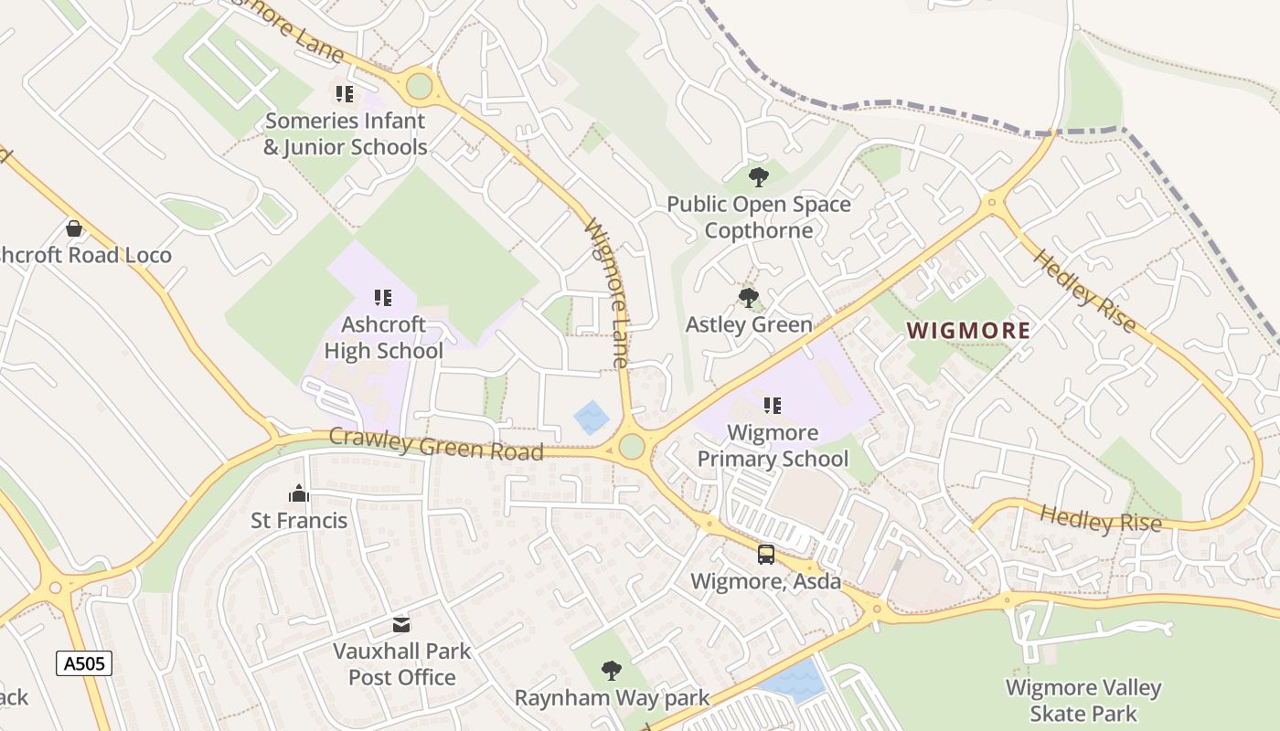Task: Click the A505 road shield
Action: tap(84, 663)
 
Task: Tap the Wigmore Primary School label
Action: tap(773, 445)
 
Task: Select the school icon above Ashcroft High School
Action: tap(383, 297)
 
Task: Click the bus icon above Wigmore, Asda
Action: tap(766, 554)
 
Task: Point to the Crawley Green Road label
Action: tap(436, 444)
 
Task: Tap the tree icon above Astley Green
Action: tap(748, 297)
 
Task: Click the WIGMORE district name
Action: tap(968, 331)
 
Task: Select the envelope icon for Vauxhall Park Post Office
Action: tap(401, 625)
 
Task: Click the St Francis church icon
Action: tap(299, 494)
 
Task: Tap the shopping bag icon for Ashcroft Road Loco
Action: tap(74, 228)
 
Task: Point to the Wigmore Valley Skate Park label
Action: tap(1083, 700)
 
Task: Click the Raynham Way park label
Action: tap(612, 698)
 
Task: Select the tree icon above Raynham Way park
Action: tap(612, 672)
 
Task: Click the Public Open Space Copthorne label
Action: tap(759, 217)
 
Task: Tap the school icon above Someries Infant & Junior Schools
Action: tap(345, 93)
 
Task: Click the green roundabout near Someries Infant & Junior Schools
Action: tap(419, 87)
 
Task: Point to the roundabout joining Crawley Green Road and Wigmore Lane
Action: tap(631, 447)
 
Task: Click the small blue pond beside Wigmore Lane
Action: tap(592, 418)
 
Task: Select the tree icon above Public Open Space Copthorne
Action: tap(758, 176)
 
